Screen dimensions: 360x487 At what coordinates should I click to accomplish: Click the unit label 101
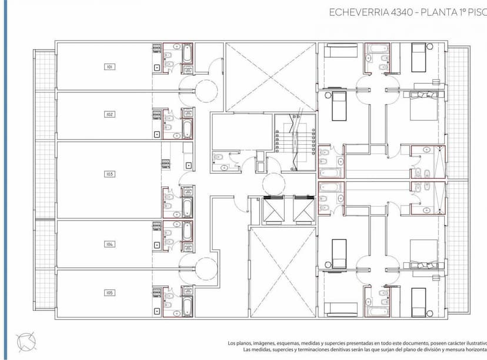pos(109,67)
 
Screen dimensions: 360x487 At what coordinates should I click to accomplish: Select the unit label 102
pos(109,114)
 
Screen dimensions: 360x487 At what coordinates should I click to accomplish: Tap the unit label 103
pos(109,174)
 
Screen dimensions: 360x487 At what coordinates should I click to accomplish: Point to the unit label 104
pos(109,244)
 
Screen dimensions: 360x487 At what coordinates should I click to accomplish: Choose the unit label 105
pos(109,292)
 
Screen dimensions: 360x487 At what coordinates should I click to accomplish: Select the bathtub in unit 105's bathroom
pos(187,305)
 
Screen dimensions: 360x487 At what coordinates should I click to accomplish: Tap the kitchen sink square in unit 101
pos(156,68)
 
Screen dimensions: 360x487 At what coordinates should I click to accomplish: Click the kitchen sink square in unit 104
pos(156,244)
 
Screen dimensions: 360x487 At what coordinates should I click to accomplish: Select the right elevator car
pos(303,210)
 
